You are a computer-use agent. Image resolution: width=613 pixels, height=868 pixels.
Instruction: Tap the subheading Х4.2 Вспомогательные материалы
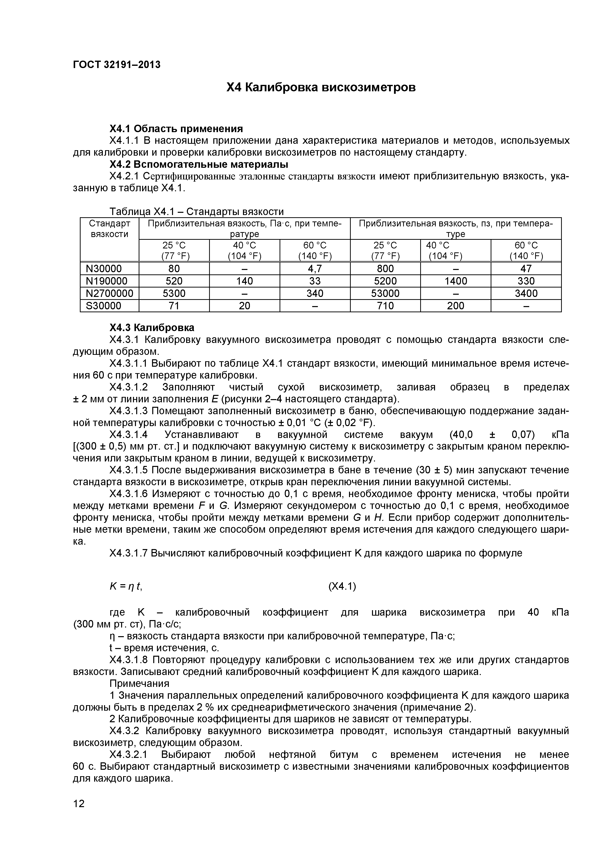pos(199,165)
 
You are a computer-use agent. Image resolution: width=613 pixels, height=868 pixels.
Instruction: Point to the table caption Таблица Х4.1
pos(197,211)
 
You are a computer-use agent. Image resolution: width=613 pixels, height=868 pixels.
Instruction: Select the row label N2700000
pos(109,293)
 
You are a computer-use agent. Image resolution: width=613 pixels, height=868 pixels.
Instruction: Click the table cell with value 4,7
pos(315,269)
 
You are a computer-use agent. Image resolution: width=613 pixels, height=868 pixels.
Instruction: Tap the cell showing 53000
pos(385,293)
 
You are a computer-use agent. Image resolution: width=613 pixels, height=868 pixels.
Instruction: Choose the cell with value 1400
pos(456,281)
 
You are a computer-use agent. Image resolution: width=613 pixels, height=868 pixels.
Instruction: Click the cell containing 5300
pos(174,293)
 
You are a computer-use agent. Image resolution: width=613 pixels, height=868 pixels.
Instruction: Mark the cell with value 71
pos(174,306)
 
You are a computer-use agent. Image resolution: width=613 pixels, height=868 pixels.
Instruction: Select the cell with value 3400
pos(526,293)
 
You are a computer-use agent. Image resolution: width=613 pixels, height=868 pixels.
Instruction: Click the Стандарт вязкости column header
pos(109,229)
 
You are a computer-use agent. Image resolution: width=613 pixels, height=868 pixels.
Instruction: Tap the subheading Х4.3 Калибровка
pos(152,327)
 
